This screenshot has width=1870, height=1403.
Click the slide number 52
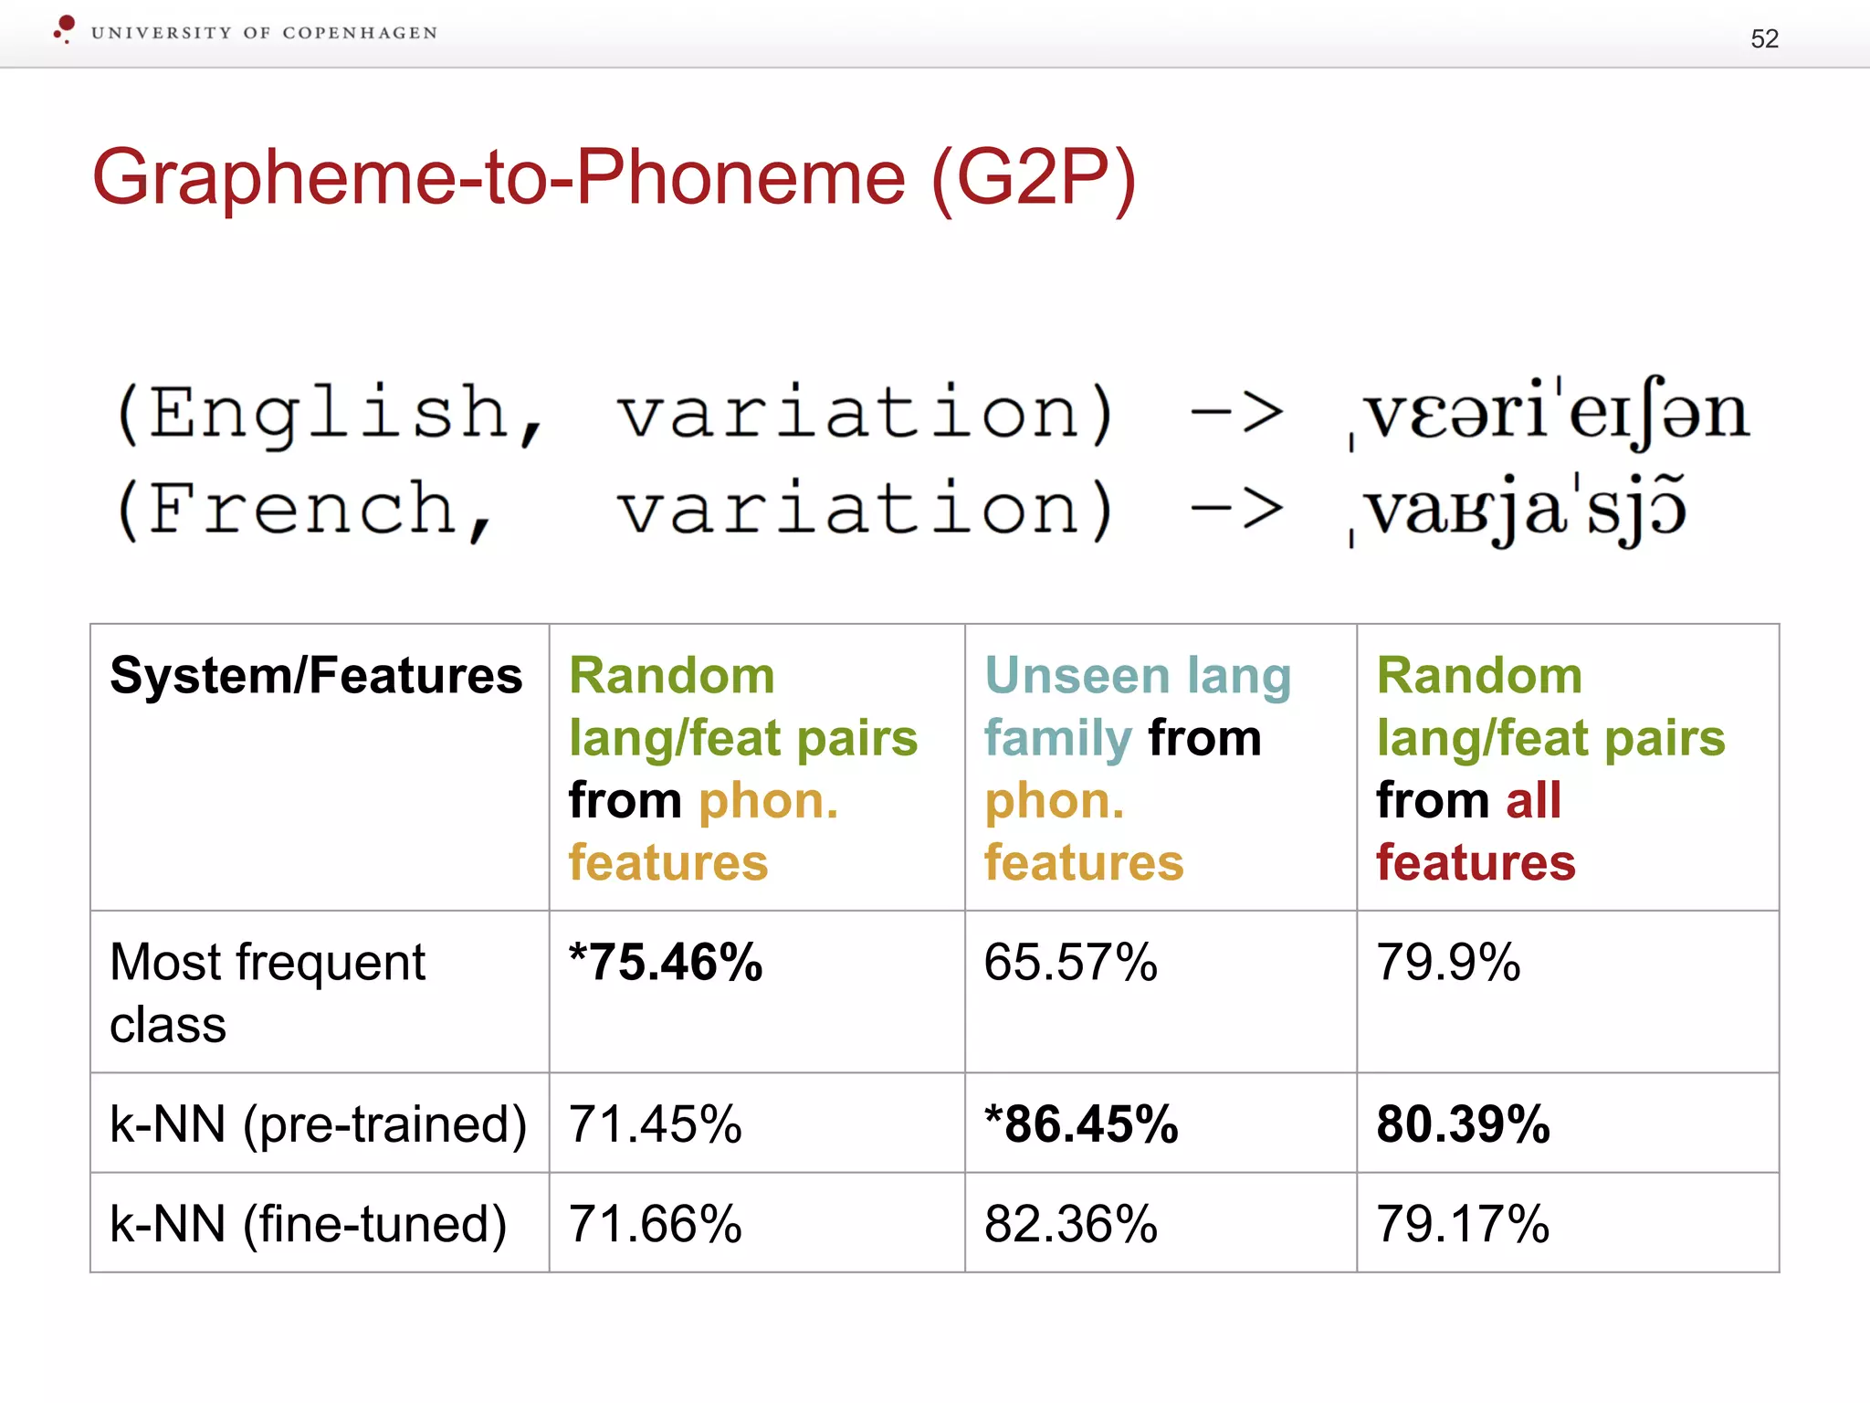tap(1764, 38)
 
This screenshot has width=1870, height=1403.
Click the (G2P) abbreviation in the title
tap(1034, 178)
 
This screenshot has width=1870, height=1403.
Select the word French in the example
tap(301, 509)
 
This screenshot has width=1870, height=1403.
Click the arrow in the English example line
tap(1237, 413)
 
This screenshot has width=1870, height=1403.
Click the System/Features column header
tap(316, 676)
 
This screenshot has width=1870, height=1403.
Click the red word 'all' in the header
tap(1533, 800)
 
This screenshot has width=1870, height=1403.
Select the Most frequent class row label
tap(267, 993)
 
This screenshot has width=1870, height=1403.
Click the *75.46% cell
tap(666, 963)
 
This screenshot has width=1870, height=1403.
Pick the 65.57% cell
tap(1070, 963)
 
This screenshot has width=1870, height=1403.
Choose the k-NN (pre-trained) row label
tap(318, 1124)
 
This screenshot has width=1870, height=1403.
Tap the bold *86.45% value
tap(1081, 1124)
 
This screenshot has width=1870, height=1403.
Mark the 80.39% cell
tap(1463, 1124)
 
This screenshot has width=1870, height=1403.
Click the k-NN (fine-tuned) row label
tap(308, 1224)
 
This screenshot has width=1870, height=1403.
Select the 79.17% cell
tap(1463, 1224)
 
